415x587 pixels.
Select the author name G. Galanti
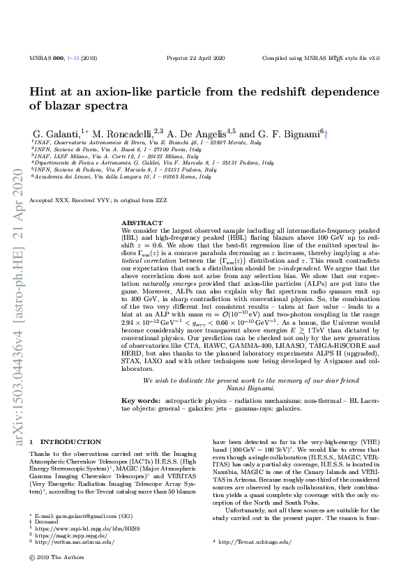(x=56, y=132)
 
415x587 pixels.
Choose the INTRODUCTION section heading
(x=71, y=442)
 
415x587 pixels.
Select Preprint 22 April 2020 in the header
(x=197, y=58)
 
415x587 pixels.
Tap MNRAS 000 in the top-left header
(x=45, y=58)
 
